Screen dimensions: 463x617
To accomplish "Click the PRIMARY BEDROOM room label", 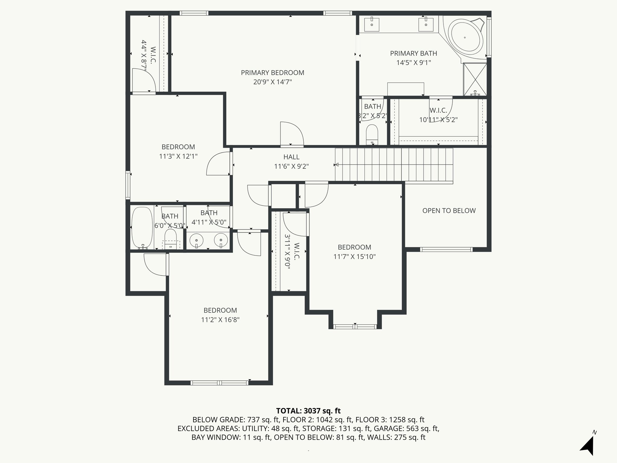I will click(272, 73).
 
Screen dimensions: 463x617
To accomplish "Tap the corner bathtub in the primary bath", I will click(465, 38).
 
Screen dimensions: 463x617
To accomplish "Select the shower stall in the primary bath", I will click(475, 79).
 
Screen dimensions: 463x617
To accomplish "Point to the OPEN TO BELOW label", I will click(449, 211).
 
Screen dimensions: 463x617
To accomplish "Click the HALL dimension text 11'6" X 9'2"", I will click(291, 166).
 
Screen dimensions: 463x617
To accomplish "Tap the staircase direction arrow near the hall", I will click(337, 165).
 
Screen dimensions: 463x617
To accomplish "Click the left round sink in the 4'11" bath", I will click(196, 241).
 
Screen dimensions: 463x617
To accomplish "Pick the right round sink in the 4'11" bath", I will click(221, 240).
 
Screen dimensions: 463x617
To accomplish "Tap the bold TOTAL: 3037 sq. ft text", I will click(308, 411).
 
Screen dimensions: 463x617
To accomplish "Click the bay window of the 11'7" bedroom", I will click(355, 326).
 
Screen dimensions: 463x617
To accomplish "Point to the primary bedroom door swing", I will click(292, 134).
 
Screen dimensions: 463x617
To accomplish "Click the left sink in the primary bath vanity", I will click(372, 24).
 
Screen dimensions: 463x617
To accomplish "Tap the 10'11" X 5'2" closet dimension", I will click(438, 120).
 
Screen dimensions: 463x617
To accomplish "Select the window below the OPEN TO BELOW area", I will click(446, 249).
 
